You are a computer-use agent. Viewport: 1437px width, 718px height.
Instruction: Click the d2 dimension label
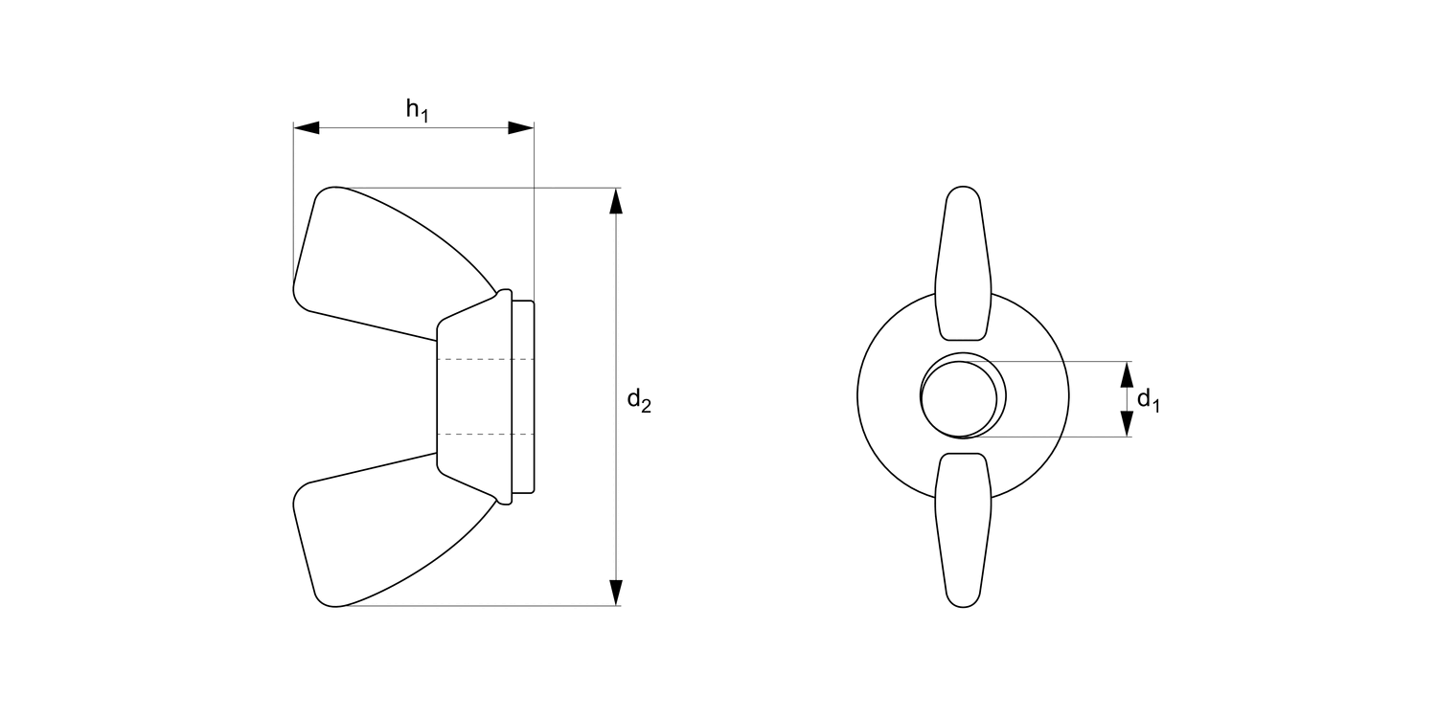click(x=639, y=400)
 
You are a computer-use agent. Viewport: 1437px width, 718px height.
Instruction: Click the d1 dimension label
click(x=1148, y=400)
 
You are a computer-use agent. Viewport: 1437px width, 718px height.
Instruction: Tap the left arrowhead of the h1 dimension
click(x=306, y=127)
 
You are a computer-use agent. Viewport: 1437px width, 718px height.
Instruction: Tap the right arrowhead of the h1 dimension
click(x=521, y=127)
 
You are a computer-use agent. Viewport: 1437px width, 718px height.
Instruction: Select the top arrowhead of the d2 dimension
click(x=616, y=200)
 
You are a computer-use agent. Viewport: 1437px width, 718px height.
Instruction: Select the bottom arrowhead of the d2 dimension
click(x=616, y=593)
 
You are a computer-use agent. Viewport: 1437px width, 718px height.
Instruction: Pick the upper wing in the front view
click(x=963, y=263)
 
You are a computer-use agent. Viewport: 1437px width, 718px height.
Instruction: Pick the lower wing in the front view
click(x=963, y=531)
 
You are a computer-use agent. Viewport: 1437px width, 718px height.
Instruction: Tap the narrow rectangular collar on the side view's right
click(x=523, y=397)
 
